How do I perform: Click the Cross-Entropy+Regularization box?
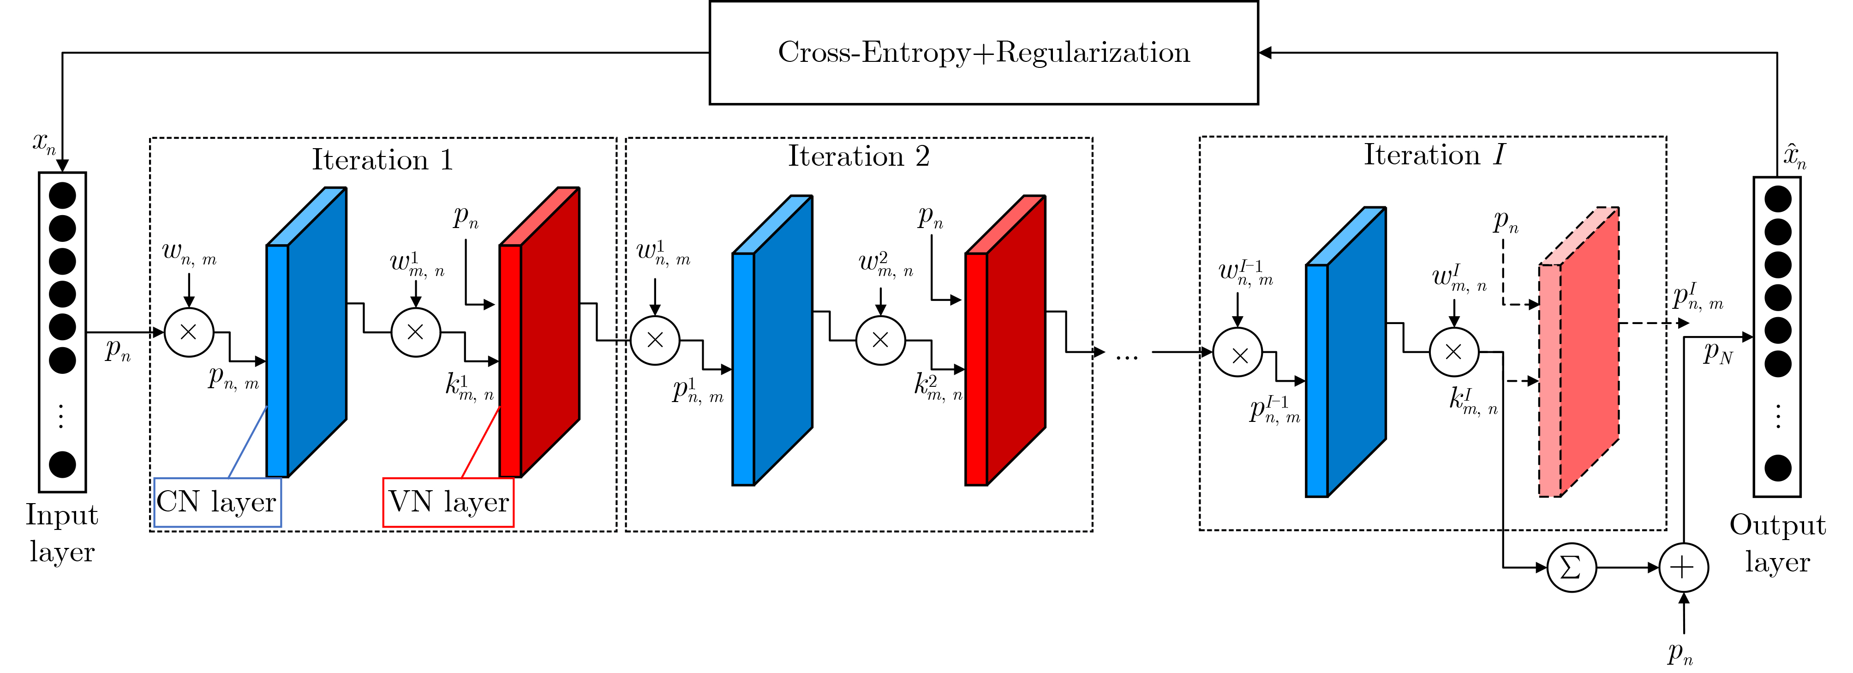(983, 53)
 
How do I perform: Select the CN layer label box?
(217, 502)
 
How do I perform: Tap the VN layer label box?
(448, 502)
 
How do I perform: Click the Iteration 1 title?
(383, 160)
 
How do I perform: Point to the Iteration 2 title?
(859, 156)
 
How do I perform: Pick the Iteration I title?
(1434, 155)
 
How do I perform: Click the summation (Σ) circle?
(1571, 568)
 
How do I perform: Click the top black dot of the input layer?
(63, 196)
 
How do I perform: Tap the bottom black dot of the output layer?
(1777, 469)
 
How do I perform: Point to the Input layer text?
(62, 533)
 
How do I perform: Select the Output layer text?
(1777, 543)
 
